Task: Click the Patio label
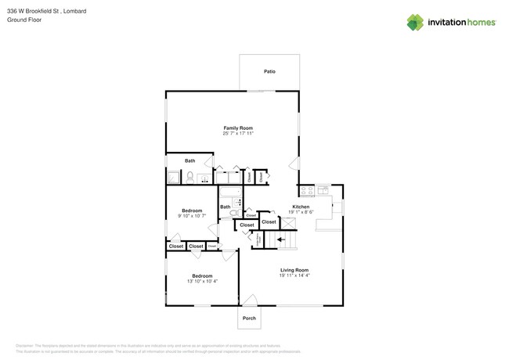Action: click(x=269, y=71)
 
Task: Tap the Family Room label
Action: click(x=238, y=128)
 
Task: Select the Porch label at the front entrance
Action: click(x=249, y=318)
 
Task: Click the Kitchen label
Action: click(x=301, y=207)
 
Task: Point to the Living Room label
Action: click(x=294, y=270)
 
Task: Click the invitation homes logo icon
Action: click(x=415, y=22)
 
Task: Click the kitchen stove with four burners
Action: click(x=306, y=190)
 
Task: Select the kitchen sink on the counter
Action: click(x=323, y=190)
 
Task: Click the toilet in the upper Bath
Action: click(x=190, y=178)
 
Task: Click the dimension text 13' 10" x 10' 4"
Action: click(x=202, y=282)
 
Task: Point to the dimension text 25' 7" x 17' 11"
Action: click(x=238, y=134)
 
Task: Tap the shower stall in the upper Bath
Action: click(x=173, y=177)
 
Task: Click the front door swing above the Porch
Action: click(x=249, y=300)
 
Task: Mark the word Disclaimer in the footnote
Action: click(x=27, y=345)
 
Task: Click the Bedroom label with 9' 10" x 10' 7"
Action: click(x=192, y=210)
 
